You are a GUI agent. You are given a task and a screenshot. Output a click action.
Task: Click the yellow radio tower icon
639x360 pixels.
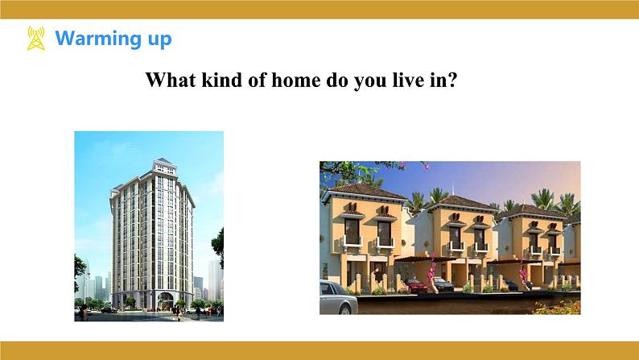[x=36, y=39]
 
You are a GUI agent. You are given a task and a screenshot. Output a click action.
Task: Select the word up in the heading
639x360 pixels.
[x=159, y=40]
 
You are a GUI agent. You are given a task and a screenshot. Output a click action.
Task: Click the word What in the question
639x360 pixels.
[x=171, y=80]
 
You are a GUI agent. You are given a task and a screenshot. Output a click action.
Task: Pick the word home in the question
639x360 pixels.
[x=296, y=80]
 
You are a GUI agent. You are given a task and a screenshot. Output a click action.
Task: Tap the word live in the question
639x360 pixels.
[x=407, y=80]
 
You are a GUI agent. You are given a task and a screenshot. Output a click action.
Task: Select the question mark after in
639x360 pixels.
[x=452, y=80]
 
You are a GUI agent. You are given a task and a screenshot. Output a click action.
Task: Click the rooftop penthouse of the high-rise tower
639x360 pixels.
[x=165, y=167]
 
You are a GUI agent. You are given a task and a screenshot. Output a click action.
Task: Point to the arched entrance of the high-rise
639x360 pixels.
[x=166, y=301]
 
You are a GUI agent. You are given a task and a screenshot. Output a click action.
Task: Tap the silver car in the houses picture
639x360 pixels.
[x=338, y=298]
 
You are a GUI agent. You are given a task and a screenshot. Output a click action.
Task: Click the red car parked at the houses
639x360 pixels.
[x=416, y=285]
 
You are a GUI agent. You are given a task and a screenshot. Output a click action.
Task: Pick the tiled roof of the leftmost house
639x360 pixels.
[x=365, y=191]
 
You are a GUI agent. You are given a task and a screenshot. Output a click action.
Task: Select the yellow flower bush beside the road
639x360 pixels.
[x=558, y=308]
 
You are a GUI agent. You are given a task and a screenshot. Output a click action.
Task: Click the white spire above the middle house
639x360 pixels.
[x=453, y=188]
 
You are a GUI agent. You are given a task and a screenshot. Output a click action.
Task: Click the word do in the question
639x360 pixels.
[x=336, y=80]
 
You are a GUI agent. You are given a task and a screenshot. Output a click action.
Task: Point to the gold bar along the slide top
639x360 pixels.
[x=319, y=10]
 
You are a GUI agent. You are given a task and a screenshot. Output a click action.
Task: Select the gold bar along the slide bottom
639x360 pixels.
[x=319, y=350]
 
